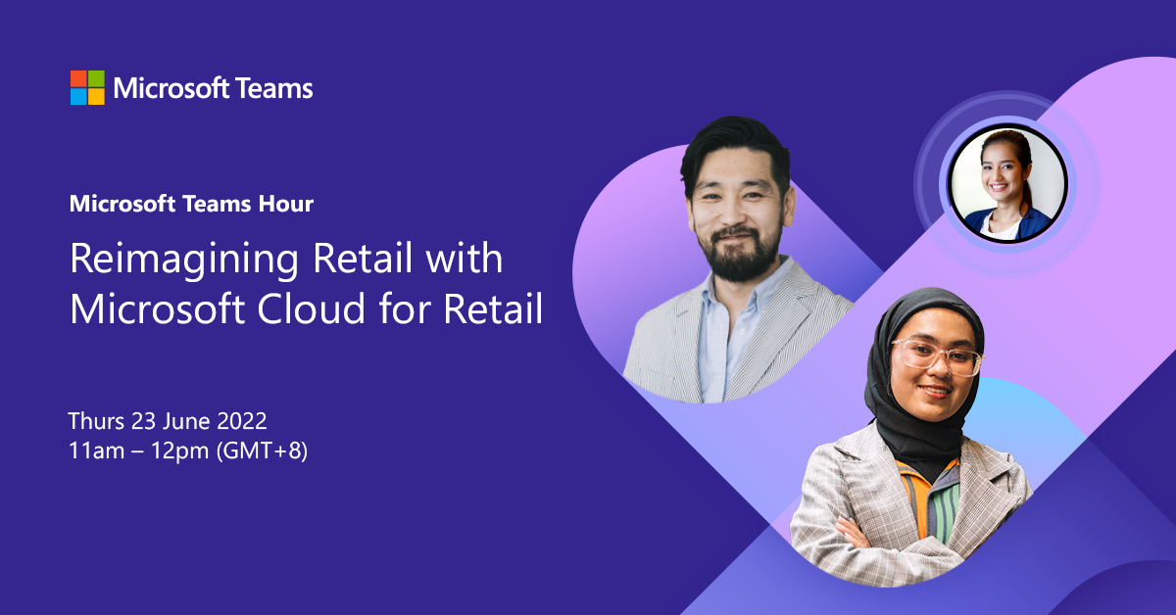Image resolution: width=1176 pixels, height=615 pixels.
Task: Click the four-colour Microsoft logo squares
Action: click(87, 87)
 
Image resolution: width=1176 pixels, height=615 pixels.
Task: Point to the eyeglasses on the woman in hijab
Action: click(935, 357)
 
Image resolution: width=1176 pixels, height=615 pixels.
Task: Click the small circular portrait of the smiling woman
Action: click(1006, 183)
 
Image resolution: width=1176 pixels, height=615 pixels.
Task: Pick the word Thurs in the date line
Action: click(96, 421)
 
